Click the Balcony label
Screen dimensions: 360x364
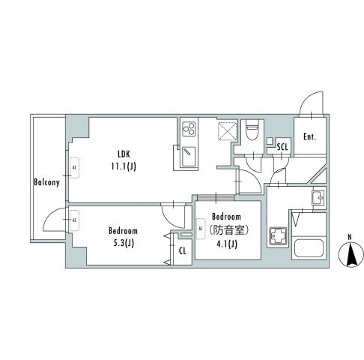tap(46, 182)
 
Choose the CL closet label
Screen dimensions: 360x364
tap(182, 250)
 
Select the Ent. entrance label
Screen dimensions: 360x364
tap(309, 137)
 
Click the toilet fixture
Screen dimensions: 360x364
tap(253, 130)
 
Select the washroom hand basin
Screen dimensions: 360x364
tap(317, 199)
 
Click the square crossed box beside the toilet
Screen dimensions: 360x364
tap(225, 132)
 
